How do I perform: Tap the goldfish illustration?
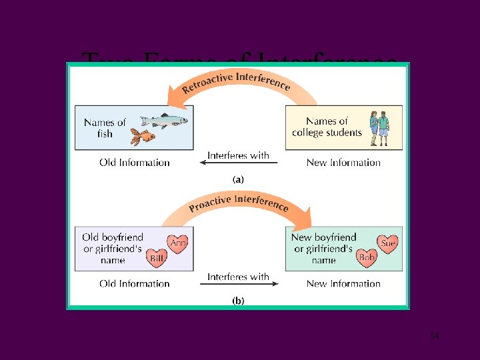(x=142, y=137)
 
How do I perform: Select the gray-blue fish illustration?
(x=164, y=120)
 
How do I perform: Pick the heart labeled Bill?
(x=157, y=258)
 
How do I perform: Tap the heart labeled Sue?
(x=387, y=243)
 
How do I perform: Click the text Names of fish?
(x=105, y=127)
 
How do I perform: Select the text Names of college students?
(x=327, y=127)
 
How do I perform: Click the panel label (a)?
(x=238, y=179)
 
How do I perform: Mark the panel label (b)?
(x=238, y=301)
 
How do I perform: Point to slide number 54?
(x=434, y=336)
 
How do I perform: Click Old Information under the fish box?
(x=135, y=162)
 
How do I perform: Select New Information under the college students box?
(x=343, y=162)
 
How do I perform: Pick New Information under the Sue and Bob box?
(x=343, y=283)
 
